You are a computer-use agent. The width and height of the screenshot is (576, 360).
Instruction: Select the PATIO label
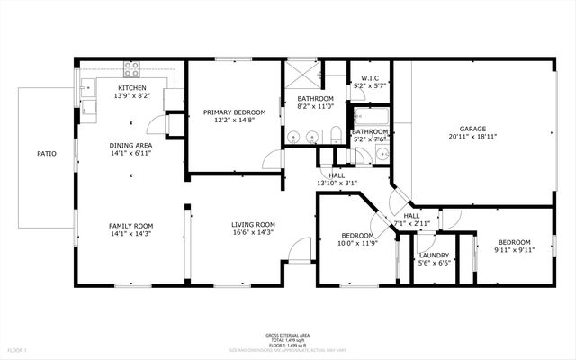point(47,154)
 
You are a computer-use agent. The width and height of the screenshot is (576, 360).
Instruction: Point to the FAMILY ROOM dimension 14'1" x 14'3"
point(131,233)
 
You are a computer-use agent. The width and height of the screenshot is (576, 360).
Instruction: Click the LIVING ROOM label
point(253,224)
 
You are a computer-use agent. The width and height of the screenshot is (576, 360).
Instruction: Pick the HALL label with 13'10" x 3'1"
point(337,175)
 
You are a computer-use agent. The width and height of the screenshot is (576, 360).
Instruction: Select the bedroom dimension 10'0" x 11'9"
point(357,243)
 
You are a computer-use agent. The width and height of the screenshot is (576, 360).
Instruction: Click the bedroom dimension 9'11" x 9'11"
point(515,250)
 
